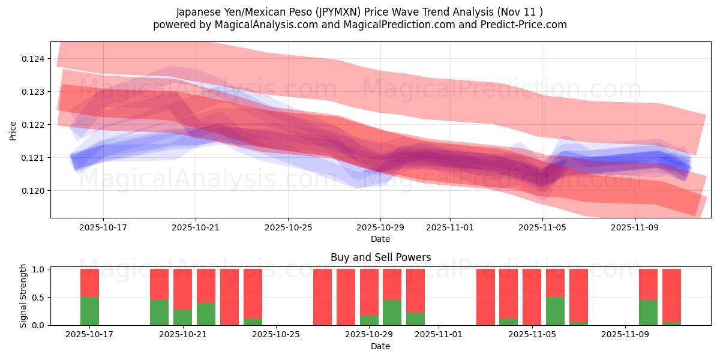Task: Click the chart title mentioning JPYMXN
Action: pyautogui.click(x=359, y=12)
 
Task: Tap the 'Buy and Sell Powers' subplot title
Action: pyautogui.click(x=380, y=257)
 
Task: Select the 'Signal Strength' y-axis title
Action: pyautogui.click(x=23, y=296)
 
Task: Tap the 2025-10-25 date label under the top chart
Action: pyautogui.click(x=288, y=228)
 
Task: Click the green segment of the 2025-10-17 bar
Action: pyautogui.click(x=89, y=311)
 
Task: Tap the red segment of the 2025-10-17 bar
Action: pyautogui.click(x=89, y=283)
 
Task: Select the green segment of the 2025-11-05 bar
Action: pyautogui.click(x=555, y=311)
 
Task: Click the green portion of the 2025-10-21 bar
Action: pyautogui.click(x=182, y=317)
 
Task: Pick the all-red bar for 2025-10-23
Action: pyautogui.click(x=229, y=297)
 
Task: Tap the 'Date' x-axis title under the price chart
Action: pyautogui.click(x=380, y=239)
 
